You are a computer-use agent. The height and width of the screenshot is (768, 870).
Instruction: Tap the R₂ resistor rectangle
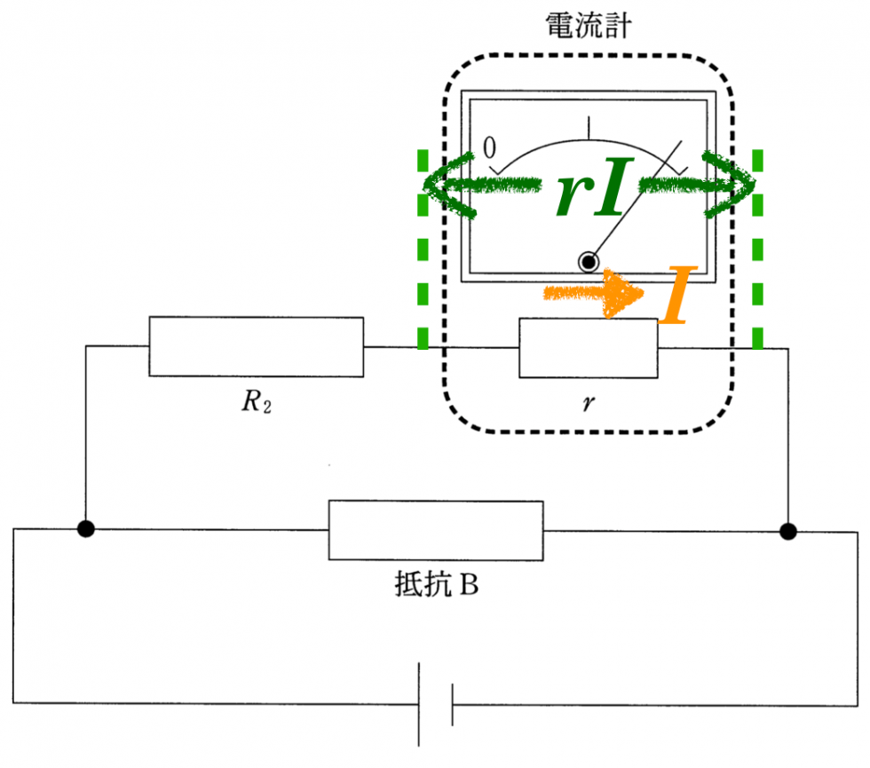tap(256, 345)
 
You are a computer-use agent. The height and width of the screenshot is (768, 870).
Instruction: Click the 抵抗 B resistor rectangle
tap(436, 530)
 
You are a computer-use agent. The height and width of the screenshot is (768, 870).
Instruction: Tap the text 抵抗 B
tap(436, 587)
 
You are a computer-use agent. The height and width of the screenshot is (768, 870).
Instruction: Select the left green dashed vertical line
tap(423, 249)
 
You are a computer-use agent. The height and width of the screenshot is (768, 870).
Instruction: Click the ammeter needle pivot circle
tap(588, 261)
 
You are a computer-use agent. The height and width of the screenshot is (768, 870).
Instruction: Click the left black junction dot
tap(85, 530)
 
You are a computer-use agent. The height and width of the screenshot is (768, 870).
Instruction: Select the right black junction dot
tap(787, 531)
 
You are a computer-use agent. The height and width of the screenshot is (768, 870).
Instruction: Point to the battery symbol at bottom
tap(436, 706)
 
